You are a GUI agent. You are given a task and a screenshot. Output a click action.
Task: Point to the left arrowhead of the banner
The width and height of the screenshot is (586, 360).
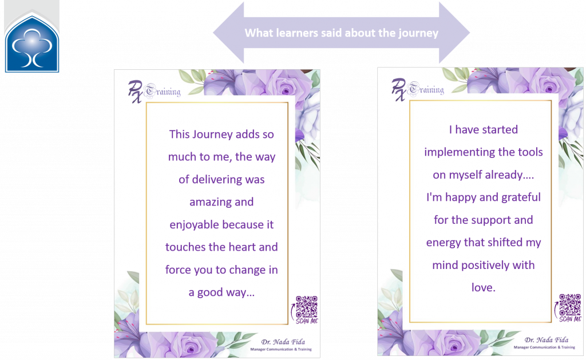(x=228, y=33)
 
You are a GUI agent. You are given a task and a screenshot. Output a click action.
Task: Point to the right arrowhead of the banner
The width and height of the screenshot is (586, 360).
(x=454, y=33)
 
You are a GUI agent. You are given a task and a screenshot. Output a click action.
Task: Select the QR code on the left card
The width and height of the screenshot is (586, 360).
(x=307, y=307)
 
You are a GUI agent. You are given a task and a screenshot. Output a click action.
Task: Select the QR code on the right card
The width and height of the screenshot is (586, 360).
(x=570, y=304)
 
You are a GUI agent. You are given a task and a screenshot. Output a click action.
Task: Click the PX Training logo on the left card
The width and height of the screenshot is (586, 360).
(x=154, y=92)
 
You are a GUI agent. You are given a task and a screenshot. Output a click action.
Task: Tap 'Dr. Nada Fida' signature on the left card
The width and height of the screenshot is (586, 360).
(x=283, y=342)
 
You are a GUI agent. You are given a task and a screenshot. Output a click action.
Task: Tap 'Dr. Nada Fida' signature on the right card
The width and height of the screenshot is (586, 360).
(x=547, y=340)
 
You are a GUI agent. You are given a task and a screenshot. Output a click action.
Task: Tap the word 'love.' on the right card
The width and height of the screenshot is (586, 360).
(x=483, y=287)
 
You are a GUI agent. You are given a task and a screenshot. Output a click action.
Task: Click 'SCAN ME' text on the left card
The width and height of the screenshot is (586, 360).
(x=307, y=321)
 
